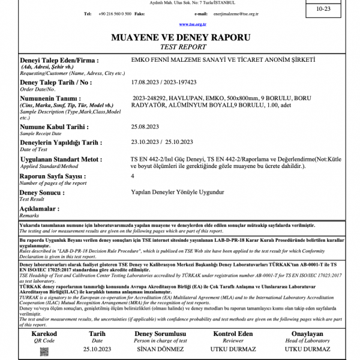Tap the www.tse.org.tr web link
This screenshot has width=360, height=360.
[192, 24]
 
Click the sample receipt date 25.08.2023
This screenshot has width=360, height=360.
[145, 127]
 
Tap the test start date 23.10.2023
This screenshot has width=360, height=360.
[146, 142]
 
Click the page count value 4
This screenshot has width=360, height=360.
[133, 176]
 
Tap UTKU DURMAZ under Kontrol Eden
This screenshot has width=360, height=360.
[233, 348]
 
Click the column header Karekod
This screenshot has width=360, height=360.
[44, 334]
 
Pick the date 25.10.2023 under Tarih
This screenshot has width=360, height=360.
[97, 348]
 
